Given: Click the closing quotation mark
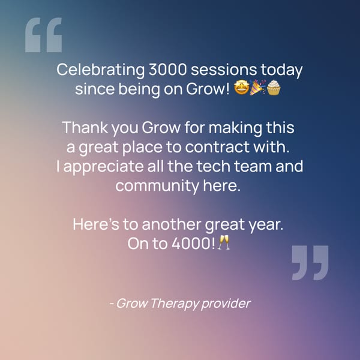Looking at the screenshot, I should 310,262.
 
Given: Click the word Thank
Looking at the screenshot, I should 82,128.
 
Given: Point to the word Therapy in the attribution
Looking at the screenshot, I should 172,304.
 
